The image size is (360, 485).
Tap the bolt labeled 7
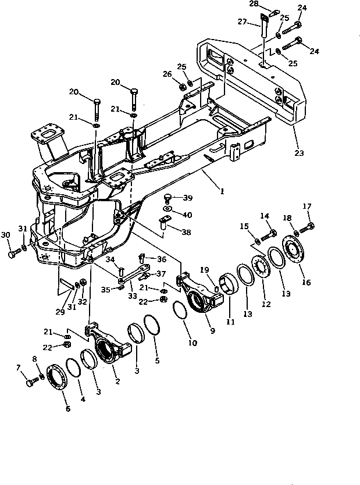[31, 383]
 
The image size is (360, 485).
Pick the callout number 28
[254, 3]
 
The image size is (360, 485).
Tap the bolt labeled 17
[309, 225]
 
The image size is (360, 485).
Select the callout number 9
[212, 331]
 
